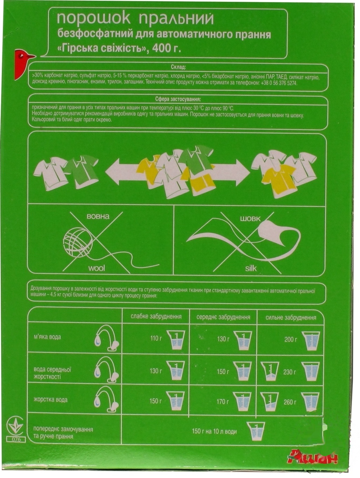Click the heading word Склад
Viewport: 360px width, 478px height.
[x=178, y=68]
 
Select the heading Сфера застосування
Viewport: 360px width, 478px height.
[x=178, y=100]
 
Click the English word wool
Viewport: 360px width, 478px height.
[x=97, y=268]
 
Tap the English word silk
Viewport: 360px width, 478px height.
[x=251, y=268]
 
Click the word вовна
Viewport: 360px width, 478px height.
[x=98, y=217]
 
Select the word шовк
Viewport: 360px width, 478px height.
[x=250, y=219]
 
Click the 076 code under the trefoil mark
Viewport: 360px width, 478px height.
[x=16, y=444]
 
